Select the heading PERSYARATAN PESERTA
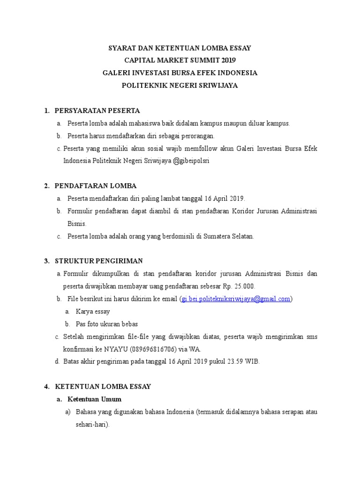(97, 111)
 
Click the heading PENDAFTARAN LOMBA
(96, 186)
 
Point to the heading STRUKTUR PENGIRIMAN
(99, 261)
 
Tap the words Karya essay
(93, 311)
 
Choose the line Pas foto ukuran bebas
(107, 324)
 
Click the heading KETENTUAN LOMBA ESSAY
(103, 387)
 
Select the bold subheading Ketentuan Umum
(94, 399)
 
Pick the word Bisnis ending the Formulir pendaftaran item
(77, 224)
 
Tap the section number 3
(46, 261)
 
